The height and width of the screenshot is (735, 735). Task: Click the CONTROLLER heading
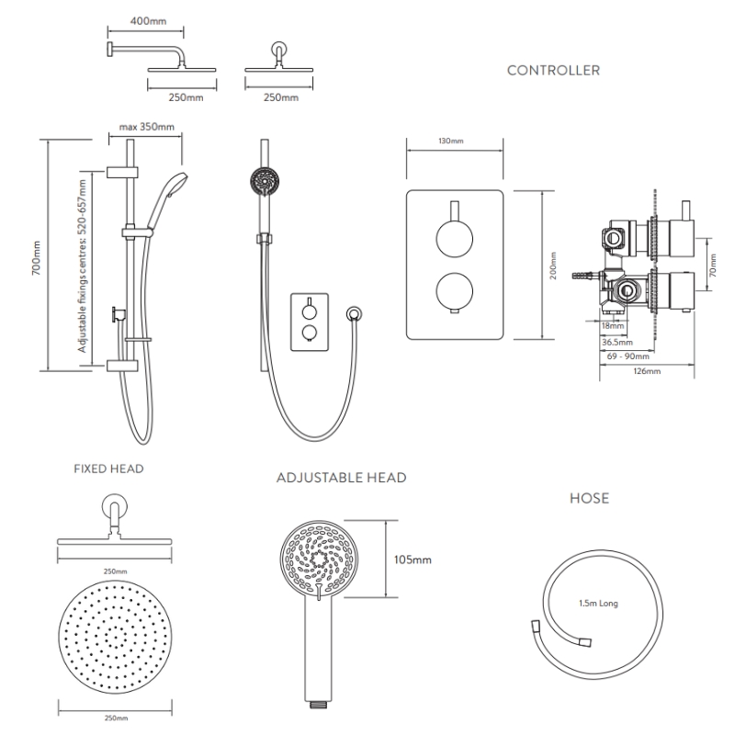coord(554,70)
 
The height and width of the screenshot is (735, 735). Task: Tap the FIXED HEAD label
coord(108,469)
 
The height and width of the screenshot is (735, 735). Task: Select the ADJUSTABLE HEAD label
coord(341,478)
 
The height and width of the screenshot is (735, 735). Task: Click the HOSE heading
coord(589,499)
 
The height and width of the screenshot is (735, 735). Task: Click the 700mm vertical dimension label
coord(36,257)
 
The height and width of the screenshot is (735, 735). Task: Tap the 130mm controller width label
coord(452,141)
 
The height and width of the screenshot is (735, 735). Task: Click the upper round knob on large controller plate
coord(454,241)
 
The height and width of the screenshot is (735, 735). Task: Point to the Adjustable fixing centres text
coord(83,266)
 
